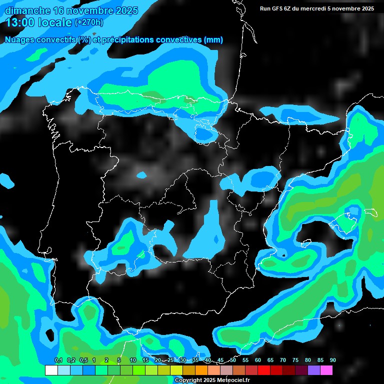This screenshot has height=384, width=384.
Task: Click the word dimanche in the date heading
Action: point(27,11)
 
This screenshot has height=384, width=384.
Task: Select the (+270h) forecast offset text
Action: point(88,22)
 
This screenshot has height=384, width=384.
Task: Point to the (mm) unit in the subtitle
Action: point(213,40)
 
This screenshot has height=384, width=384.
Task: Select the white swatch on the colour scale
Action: point(51,370)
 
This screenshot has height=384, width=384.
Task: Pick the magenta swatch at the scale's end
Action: point(326,370)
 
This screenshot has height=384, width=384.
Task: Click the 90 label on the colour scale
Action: point(332,360)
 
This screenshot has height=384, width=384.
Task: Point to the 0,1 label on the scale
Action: point(58,360)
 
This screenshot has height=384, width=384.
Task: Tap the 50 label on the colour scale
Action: point(233,360)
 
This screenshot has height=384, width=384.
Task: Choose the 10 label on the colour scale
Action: point(133,360)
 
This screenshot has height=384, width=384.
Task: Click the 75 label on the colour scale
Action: point(295,360)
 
